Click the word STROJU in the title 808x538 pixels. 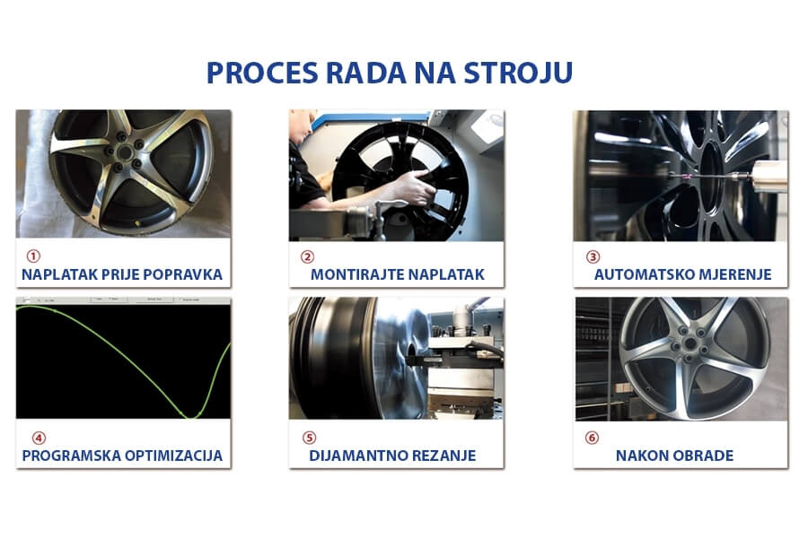pos(518,73)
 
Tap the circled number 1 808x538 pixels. pos(33,256)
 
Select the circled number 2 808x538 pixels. pos(308,256)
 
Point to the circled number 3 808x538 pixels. pos(593,256)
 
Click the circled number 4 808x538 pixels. pos(40,438)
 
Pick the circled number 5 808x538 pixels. pos(309,438)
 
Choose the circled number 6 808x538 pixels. pos(593,438)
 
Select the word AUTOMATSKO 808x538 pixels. pos(636,274)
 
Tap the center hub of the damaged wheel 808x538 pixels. pos(125,152)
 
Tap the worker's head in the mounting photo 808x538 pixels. pos(299,126)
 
